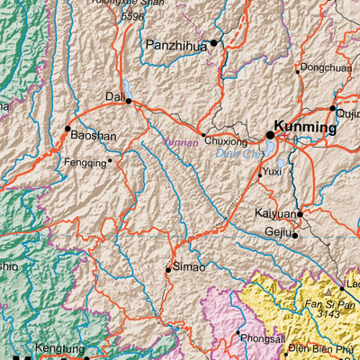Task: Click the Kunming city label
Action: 306,128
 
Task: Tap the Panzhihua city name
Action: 177,43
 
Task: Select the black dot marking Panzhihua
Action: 215,42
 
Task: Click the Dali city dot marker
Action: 129,101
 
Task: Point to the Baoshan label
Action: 94,136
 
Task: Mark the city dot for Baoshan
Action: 67,129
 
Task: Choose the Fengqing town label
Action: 85,163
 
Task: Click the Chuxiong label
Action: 226,141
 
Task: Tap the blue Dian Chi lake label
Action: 237,154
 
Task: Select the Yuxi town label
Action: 273,170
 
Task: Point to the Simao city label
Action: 190,267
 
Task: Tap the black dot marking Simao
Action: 168,268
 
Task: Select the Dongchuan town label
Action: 326,67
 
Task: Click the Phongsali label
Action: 261,338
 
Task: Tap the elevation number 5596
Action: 132,16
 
